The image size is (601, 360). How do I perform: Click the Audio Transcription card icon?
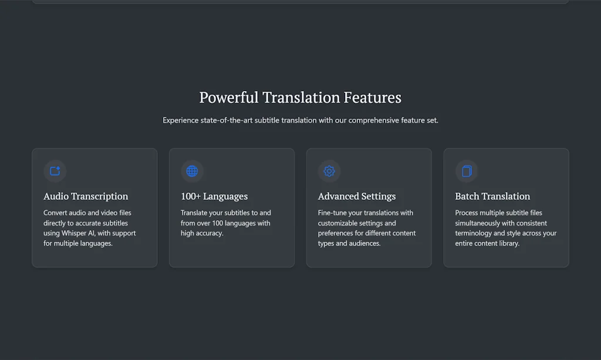[x=55, y=171]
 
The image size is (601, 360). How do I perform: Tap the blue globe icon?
[x=192, y=171]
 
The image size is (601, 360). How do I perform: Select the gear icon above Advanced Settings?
[x=329, y=171]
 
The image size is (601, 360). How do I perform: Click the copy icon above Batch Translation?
[x=467, y=171]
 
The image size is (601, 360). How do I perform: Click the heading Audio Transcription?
[x=86, y=196]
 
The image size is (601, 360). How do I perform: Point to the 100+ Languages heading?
[x=214, y=196]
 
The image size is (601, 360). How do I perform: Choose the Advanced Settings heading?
[x=356, y=196]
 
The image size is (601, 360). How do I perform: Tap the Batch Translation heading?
[x=492, y=196]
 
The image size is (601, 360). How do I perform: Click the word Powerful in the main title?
[x=229, y=97]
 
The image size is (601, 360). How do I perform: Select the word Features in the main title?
[x=372, y=97]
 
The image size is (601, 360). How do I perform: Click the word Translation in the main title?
[x=301, y=97]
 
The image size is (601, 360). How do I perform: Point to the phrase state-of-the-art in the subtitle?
[x=227, y=120]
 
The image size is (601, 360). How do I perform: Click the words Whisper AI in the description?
[x=78, y=233]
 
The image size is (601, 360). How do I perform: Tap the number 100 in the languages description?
[x=217, y=223]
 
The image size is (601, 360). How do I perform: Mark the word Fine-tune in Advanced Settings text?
[x=332, y=213]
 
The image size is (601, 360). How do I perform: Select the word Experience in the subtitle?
[x=181, y=120]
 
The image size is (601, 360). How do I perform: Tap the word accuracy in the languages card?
[x=210, y=234]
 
